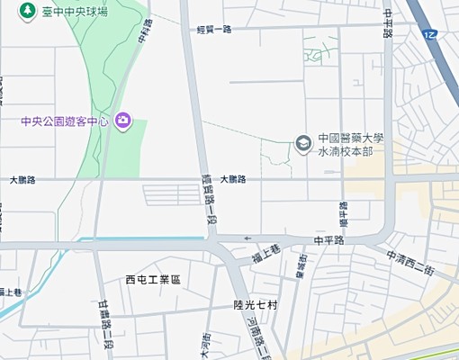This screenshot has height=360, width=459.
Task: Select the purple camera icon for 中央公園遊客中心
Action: (x=123, y=121)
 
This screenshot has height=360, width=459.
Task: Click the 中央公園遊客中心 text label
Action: (x=66, y=121)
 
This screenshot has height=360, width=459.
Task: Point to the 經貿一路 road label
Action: (x=214, y=30)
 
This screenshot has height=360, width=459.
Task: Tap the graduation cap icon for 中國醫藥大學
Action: (x=304, y=142)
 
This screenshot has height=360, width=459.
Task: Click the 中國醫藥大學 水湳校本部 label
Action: (x=351, y=145)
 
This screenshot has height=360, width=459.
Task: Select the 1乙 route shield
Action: (x=429, y=33)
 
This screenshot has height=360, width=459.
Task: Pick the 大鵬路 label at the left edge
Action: (x=22, y=180)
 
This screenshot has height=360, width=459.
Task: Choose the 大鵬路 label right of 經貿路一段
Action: (x=231, y=180)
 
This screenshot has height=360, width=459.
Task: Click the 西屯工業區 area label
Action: (x=153, y=280)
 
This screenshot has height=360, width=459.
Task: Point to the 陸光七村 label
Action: (x=256, y=305)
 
